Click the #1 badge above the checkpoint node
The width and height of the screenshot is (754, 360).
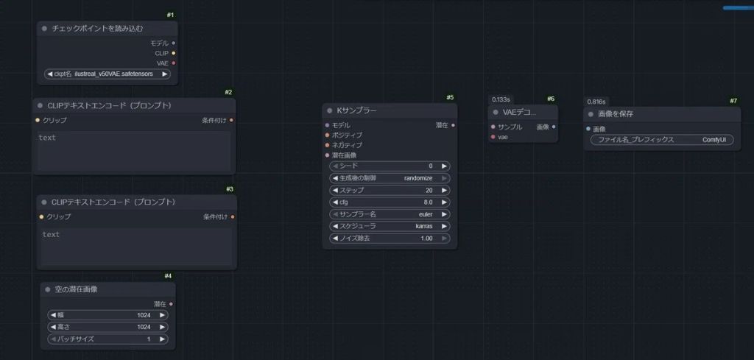click(171, 15)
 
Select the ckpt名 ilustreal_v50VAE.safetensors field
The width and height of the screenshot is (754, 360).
click(108, 74)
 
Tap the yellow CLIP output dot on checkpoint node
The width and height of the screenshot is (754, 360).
click(173, 53)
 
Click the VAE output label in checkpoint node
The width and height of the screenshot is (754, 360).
click(163, 63)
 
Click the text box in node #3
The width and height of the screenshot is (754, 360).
click(137, 247)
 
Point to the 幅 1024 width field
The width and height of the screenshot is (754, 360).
click(108, 315)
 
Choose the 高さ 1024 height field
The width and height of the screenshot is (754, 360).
click(108, 327)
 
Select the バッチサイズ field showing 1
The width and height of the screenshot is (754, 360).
click(108, 339)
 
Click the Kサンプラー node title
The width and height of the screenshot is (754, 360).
click(356, 110)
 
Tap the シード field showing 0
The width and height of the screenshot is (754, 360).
click(390, 166)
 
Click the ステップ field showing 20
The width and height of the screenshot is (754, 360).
click(390, 190)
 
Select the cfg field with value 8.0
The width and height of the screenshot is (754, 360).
click(390, 202)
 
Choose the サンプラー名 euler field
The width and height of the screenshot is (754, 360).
click(390, 214)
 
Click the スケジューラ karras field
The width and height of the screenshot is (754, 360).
click(390, 226)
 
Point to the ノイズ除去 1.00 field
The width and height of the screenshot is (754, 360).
click(390, 239)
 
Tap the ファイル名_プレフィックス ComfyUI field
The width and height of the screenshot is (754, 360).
click(662, 140)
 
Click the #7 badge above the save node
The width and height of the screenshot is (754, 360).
click(733, 101)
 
